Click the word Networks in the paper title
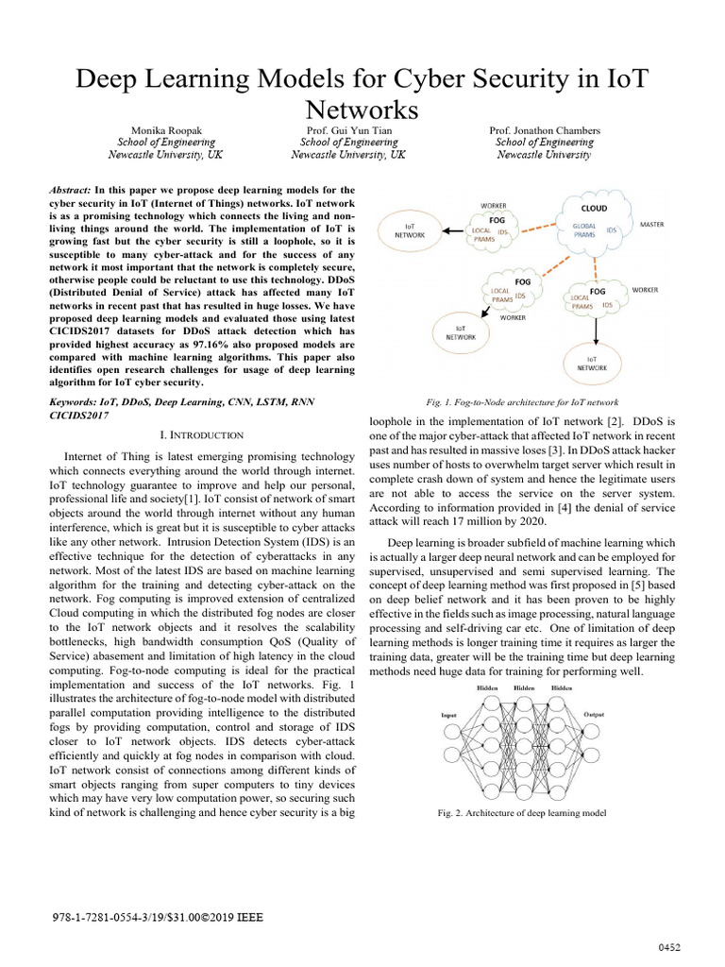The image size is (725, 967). coord(362,110)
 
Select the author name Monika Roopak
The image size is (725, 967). coord(156,129)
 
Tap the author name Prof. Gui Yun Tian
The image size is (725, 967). coord(349,129)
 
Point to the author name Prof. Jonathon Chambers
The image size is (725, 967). coord(544,129)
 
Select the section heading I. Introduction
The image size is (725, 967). coord(203,434)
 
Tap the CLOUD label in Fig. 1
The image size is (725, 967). coord(594,208)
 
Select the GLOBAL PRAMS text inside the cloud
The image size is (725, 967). coord(588,232)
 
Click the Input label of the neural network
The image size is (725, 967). coord(449,715)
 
